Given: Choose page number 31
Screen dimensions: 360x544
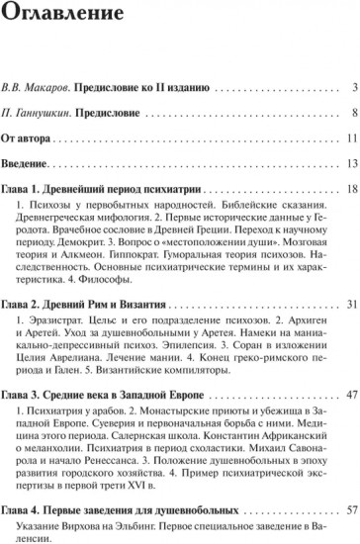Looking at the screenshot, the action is click(352, 298).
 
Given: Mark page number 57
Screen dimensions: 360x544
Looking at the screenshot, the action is click(352, 504).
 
